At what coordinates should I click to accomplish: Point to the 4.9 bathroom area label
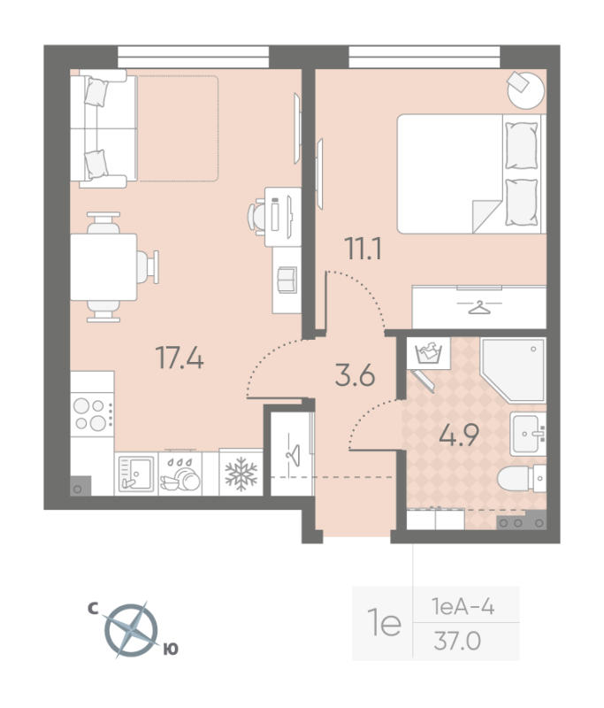460,436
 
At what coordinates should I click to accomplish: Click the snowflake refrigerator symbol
240,473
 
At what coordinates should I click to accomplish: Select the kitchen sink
135,473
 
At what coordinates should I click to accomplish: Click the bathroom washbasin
528,433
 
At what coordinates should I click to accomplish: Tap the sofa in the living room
104,130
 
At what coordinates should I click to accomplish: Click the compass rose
130,630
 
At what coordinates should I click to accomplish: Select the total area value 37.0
456,640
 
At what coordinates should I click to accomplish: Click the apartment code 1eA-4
463,607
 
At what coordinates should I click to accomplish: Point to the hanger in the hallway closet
293,450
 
